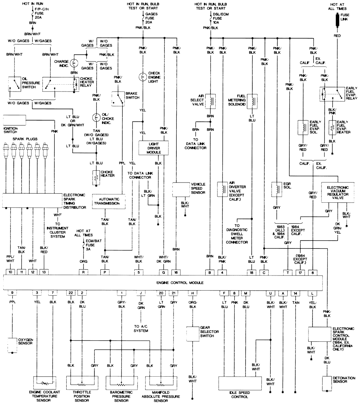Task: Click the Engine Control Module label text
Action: [x=180, y=283]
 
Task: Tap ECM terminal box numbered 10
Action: [x=10, y=272]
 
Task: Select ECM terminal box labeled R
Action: [x=83, y=272]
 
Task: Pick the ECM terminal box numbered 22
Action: [x=71, y=293]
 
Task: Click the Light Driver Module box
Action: [x=153, y=148]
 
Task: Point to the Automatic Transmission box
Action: [x=109, y=201]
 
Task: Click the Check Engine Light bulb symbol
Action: [x=143, y=77]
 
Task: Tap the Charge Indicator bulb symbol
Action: [x=74, y=63]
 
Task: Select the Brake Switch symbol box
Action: [x=118, y=99]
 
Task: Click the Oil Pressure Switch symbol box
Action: [x=14, y=84]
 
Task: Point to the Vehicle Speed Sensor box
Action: [x=181, y=190]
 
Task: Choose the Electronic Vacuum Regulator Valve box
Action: [x=338, y=193]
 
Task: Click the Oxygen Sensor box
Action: [x=12, y=345]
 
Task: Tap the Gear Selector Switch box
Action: [x=193, y=334]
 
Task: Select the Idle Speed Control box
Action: [x=240, y=384]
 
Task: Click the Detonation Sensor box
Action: [x=327, y=383]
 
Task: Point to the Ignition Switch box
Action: [x=14, y=120]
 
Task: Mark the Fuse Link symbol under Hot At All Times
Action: [x=337, y=20]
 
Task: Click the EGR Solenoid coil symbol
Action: [x=276, y=189]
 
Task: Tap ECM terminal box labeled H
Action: [x=192, y=293]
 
